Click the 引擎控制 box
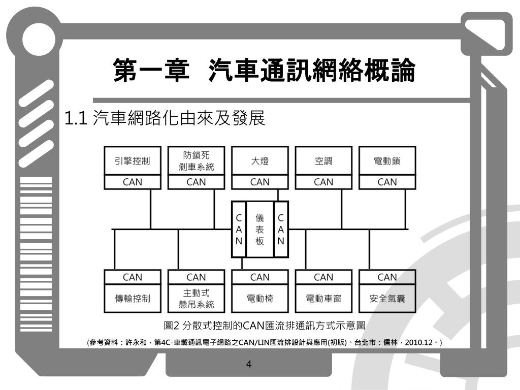[133, 161]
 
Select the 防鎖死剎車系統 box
[196, 161]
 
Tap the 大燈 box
[260, 161]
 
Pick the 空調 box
[323, 161]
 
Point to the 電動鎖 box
[387, 161]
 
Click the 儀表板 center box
[259, 229]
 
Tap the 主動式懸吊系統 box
[196, 299]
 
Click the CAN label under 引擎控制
[133, 182]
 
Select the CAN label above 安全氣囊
[387, 277]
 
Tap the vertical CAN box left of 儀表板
[239, 229]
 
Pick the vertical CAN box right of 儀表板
[281, 229]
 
